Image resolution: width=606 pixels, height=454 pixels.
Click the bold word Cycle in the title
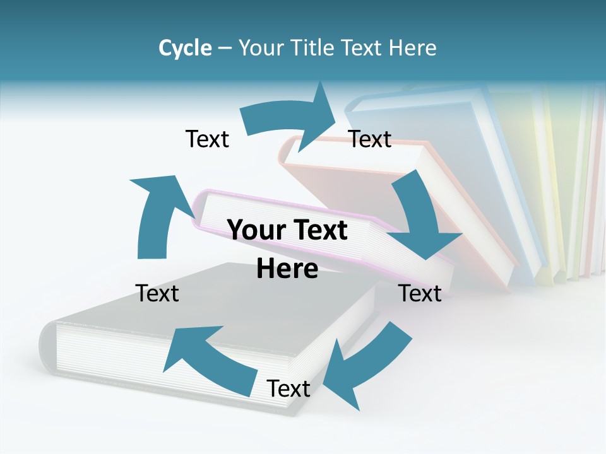point(185,48)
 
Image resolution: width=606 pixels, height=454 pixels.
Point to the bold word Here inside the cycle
point(287,269)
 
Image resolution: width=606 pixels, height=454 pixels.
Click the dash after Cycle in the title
point(225,49)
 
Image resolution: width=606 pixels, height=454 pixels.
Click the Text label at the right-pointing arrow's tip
point(370,139)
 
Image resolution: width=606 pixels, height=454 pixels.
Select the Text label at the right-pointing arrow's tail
point(207,139)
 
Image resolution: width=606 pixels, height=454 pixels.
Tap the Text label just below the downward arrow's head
point(420,293)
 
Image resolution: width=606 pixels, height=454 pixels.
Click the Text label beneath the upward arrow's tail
point(157,293)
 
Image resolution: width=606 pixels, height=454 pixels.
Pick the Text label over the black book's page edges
point(288,389)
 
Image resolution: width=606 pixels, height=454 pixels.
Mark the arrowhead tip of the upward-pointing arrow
point(131,180)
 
